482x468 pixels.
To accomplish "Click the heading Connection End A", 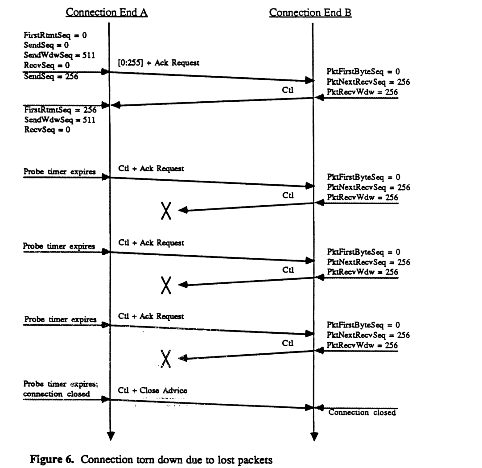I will point(107,13).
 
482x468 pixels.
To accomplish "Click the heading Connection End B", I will point(310,13).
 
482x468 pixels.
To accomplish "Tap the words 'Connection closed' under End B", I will point(362,413).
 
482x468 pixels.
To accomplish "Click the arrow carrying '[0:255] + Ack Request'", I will point(210,76).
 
